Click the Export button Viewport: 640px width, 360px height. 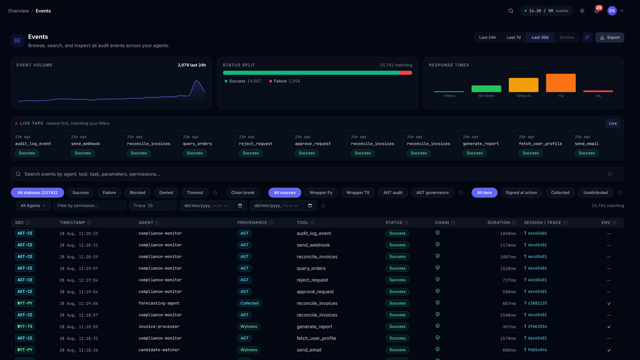(609, 37)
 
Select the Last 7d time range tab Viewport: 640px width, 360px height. (513, 37)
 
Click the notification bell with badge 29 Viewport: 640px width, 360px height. (597, 10)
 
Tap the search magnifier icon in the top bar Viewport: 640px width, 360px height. (510, 11)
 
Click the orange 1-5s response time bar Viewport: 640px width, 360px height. (560, 83)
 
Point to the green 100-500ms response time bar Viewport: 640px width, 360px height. (486, 88)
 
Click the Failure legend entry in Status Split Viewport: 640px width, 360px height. (284, 81)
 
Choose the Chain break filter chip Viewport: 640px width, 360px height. (242, 192)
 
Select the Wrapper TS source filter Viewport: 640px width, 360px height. (357, 192)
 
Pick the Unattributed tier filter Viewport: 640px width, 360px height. (595, 192)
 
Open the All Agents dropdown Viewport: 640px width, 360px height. (33, 205)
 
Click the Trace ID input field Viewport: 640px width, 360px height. (153, 205)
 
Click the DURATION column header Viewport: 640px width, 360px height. (498, 222)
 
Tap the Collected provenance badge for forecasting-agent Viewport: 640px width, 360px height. (249, 303)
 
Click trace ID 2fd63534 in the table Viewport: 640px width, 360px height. (537, 326)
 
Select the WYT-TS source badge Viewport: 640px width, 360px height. (25, 326)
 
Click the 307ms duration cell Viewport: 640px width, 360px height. (509, 327)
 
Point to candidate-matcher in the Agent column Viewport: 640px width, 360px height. (159, 349)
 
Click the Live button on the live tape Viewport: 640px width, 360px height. (612, 123)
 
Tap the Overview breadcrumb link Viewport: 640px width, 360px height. (18, 11)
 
